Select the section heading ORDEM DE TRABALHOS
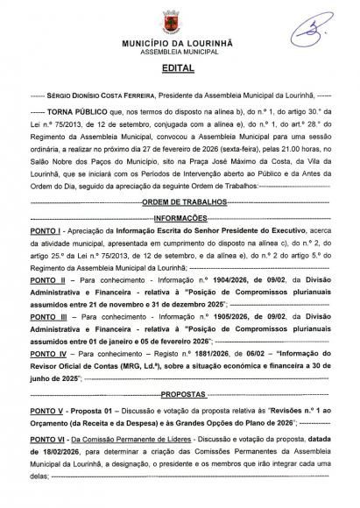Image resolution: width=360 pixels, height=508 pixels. click(x=178, y=226)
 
